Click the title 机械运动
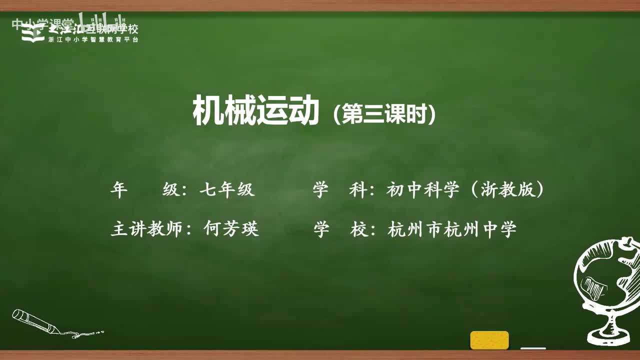click(x=255, y=111)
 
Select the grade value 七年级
click(x=227, y=190)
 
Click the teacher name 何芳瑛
click(x=231, y=229)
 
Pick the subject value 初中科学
click(x=422, y=190)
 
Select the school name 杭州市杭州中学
click(x=451, y=229)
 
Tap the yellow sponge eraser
click(x=489, y=340)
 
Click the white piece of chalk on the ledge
click(x=533, y=348)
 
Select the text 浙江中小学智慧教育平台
click(x=93, y=39)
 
